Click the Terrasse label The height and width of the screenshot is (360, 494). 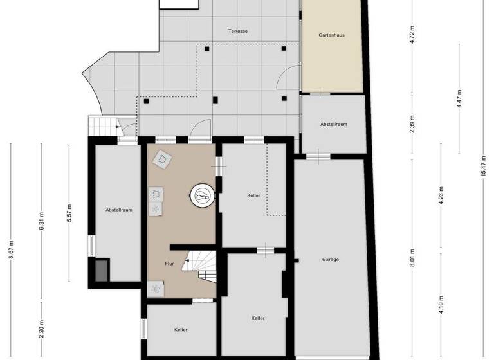(x=238, y=31)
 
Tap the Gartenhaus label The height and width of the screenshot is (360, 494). (x=333, y=35)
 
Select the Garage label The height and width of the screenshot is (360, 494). (x=331, y=260)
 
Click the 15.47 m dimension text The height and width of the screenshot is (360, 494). (x=483, y=172)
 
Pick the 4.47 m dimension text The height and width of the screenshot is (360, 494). (x=458, y=98)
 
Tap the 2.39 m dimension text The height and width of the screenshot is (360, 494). (x=412, y=123)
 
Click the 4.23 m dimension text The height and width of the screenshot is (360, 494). (x=441, y=194)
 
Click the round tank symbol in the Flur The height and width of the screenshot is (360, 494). (x=202, y=194)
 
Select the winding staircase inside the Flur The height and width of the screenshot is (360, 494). (x=199, y=266)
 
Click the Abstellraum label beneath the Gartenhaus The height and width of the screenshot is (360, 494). (x=333, y=124)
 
